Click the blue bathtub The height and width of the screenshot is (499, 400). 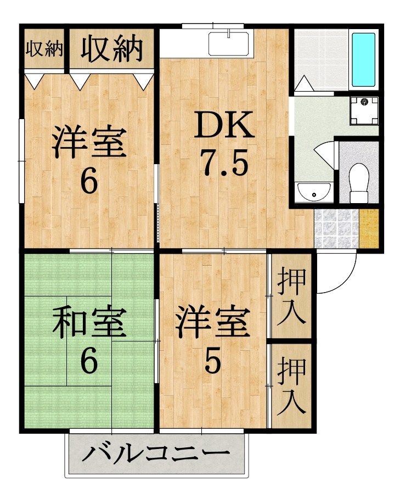pyautogui.click(x=363, y=59)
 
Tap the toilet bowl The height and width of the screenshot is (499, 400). pyautogui.click(x=359, y=183)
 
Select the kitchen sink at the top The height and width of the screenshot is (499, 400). pyautogui.click(x=229, y=44)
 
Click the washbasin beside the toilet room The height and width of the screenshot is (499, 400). pyautogui.click(x=314, y=192)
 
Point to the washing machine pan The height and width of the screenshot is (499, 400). pyautogui.click(x=364, y=111)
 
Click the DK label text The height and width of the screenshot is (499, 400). pyautogui.click(x=224, y=124)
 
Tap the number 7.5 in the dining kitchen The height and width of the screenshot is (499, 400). pyautogui.click(x=225, y=164)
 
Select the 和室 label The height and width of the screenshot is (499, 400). pyautogui.click(x=89, y=322)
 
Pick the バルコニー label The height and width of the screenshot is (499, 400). pyautogui.click(x=156, y=453)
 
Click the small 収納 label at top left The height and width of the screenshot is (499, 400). pyautogui.click(x=44, y=49)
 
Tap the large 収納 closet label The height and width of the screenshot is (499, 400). pyautogui.click(x=111, y=48)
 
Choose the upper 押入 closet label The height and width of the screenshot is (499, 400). pyautogui.click(x=291, y=296)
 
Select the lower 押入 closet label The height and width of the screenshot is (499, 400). pyautogui.click(x=291, y=386)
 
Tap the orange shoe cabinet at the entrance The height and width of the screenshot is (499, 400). pyautogui.click(x=369, y=228)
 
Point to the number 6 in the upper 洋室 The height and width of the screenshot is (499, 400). pyautogui.click(x=89, y=181)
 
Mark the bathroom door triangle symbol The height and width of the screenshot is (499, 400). pyautogui.click(x=303, y=83)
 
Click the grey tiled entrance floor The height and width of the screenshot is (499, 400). pyautogui.click(x=336, y=228)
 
